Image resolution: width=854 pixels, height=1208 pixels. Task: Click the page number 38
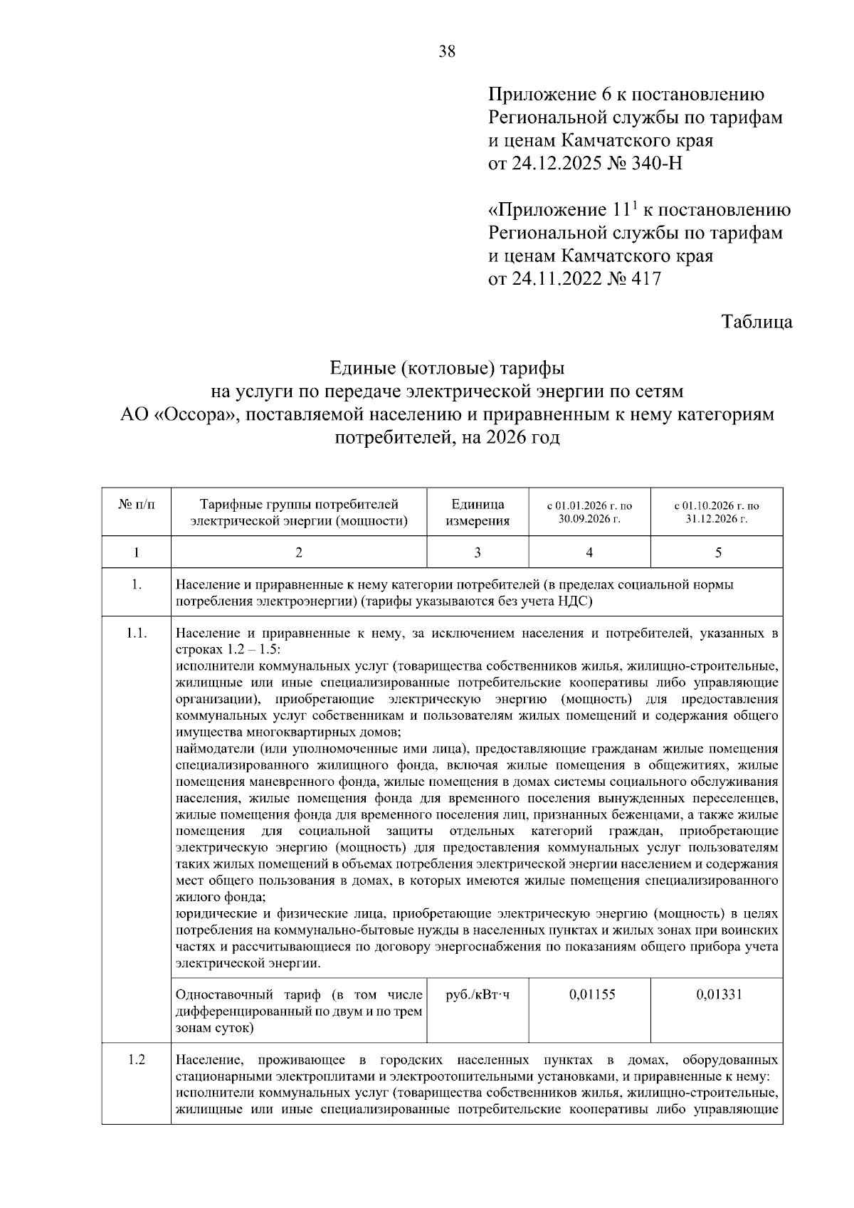[447, 51]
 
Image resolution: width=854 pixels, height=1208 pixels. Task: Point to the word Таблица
[757, 322]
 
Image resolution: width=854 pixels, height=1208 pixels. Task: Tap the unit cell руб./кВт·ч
[478, 994]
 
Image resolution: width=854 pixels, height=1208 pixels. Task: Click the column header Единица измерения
[478, 513]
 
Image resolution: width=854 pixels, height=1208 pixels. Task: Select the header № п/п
[136, 505]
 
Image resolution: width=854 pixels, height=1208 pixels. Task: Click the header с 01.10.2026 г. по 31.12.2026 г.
[717, 512]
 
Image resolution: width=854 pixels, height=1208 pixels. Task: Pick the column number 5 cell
[717, 552]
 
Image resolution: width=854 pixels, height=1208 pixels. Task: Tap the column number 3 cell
[477, 552]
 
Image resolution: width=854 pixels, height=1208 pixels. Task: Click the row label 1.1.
[137, 633]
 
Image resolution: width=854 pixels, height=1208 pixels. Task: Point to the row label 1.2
[137, 1060]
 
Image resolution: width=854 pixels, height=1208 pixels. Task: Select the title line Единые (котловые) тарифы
[447, 369]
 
